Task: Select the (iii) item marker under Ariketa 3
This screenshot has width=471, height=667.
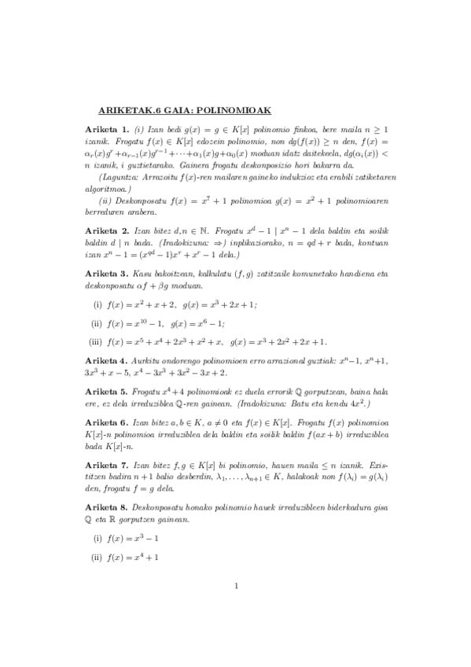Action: pyautogui.click(x=98, y=341)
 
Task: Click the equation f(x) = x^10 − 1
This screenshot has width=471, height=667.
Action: pyautogui.click(x=132, y=323)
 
